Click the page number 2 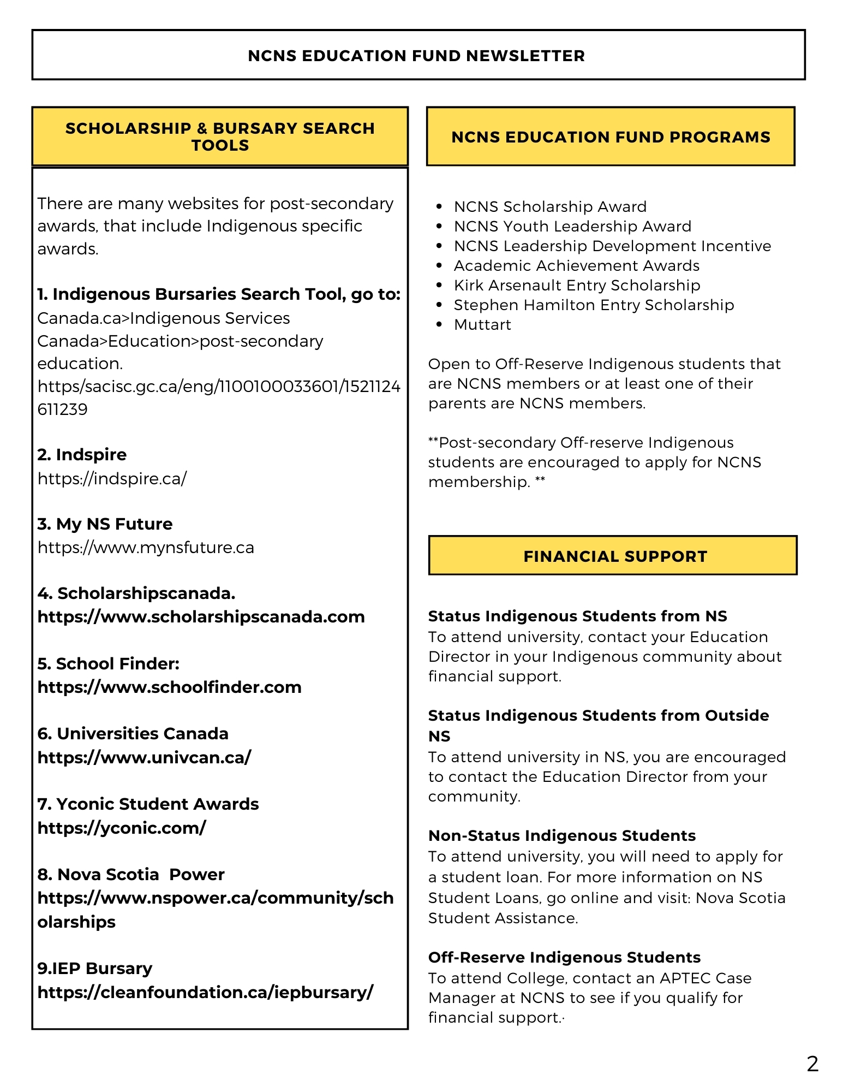pos(812,1064)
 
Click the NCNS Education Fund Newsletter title pos(416,56)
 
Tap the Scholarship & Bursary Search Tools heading pos(220,136)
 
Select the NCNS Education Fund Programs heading pos(611,137)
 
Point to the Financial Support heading pos(615,556)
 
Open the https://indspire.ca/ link pos(112,479)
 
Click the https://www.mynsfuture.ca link pos(146,548)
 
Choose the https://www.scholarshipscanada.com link pos(201,617)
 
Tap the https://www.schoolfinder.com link pos(169,687)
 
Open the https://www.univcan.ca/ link pos(144,757)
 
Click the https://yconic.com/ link pos(122,828)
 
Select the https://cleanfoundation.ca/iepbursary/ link pos(205,992)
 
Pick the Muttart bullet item pos(482,325)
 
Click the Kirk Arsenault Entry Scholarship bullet pos(577,286)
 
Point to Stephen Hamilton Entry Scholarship pos(594,305)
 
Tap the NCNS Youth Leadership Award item pos(572,227)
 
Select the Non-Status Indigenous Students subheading pos(562,835)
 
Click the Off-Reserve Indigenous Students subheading pos(564,957)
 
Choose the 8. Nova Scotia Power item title pos(131,874)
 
